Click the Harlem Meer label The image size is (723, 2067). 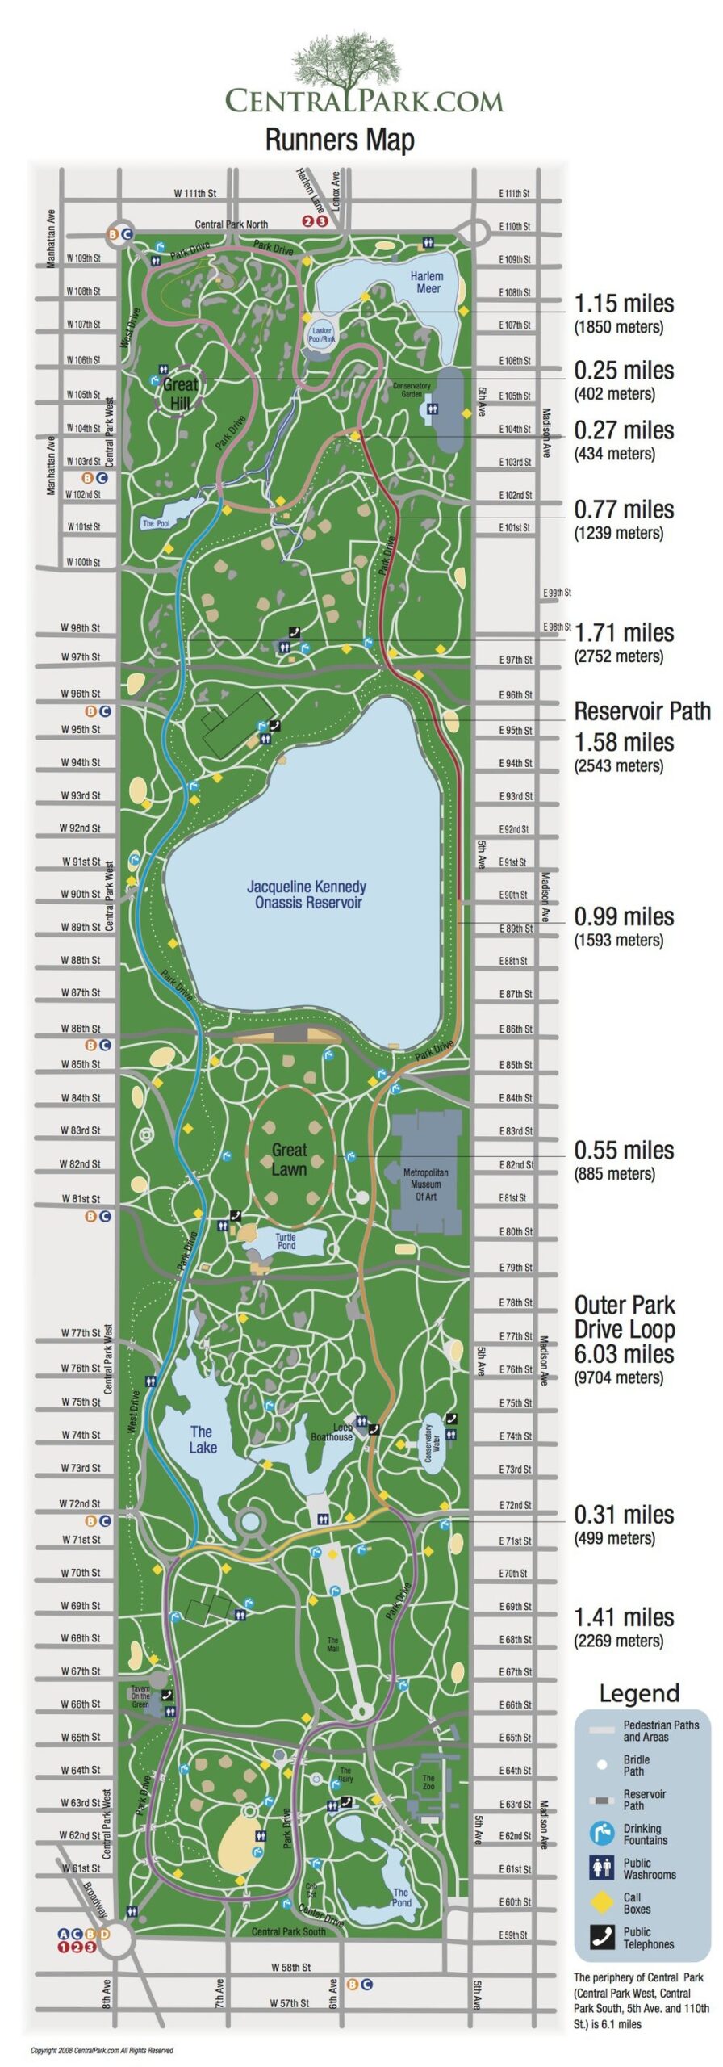point(428,282)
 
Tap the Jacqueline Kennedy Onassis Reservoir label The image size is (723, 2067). point(307,894)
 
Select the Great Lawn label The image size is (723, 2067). point(289,1159)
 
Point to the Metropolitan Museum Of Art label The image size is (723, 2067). point(425,1184)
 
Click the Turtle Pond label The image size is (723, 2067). point(286,1241)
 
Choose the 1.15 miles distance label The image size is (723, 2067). point(624,304)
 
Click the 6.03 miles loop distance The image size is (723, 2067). point(624,1354)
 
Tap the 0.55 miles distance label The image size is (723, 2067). point(624,1150)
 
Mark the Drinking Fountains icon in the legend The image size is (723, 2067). point(602,1834)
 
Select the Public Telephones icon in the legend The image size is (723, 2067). point(602,1937)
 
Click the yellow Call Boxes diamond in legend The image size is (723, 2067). point(602,1902)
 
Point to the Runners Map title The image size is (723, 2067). point(340,140)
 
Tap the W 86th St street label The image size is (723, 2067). point(81,1028)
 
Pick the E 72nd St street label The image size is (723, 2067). point(516,1505)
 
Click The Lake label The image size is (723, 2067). point(203,1440)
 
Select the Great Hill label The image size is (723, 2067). point(179,392)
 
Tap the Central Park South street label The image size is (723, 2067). point(288,1931)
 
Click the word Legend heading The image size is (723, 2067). point(639,1693)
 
